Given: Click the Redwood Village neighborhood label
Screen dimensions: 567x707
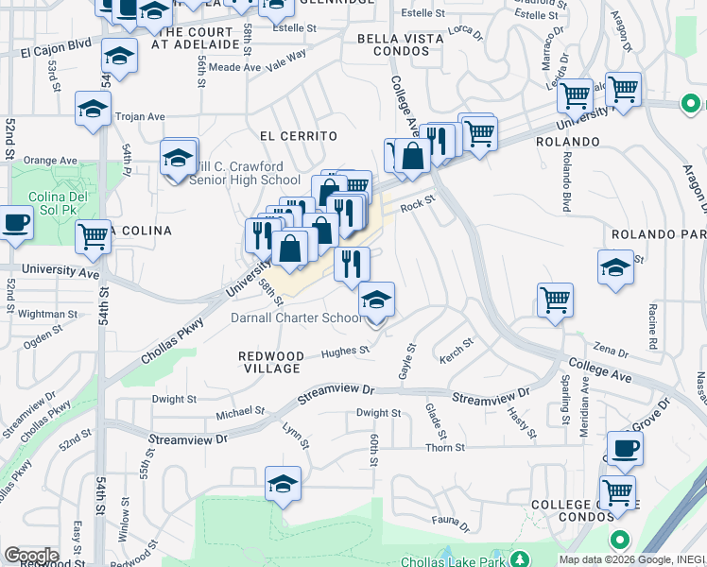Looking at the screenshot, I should (271, 362).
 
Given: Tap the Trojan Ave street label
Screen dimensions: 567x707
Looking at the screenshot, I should (140, 117).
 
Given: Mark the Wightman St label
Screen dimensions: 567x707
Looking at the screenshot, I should (47, 314).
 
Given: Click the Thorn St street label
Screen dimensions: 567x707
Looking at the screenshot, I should (440, 448).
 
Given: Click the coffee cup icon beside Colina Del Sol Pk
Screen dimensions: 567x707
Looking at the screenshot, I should (15, 224).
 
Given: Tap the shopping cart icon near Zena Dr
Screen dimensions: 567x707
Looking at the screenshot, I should (555, 300).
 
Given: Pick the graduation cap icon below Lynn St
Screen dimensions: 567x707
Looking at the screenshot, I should (284, 483).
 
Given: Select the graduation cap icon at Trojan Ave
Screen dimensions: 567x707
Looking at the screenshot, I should (93, 108).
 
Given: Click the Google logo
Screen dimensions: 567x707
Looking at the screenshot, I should (31, 556).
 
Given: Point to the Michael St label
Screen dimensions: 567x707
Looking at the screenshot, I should (240, 412).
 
